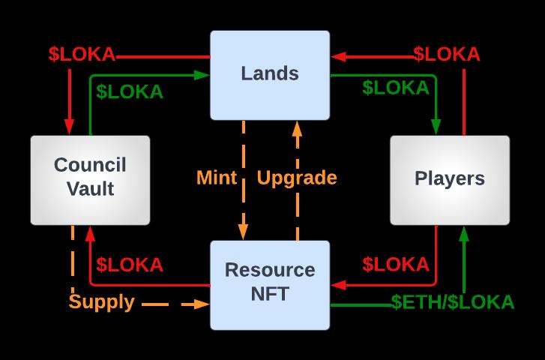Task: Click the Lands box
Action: (270, 73)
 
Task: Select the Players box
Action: (450, 179)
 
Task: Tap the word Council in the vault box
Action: (90, 165)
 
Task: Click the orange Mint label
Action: (217, 178)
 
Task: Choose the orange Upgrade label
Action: (297, 178)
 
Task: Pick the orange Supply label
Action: (102, 302)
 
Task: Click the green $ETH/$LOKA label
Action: (453, 302)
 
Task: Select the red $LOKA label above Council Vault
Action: (82, 54)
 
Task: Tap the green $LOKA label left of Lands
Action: (130, 91)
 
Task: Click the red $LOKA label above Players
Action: (447, 54)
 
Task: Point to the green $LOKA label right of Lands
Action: (396, 88)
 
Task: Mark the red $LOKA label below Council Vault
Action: (130, 265)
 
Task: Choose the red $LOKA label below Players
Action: (396, 265)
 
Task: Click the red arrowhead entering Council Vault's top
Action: (70, 129)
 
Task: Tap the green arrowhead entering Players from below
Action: (464, 232)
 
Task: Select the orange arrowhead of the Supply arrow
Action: (202, 304)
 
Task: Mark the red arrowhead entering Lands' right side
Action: (337, 55)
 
